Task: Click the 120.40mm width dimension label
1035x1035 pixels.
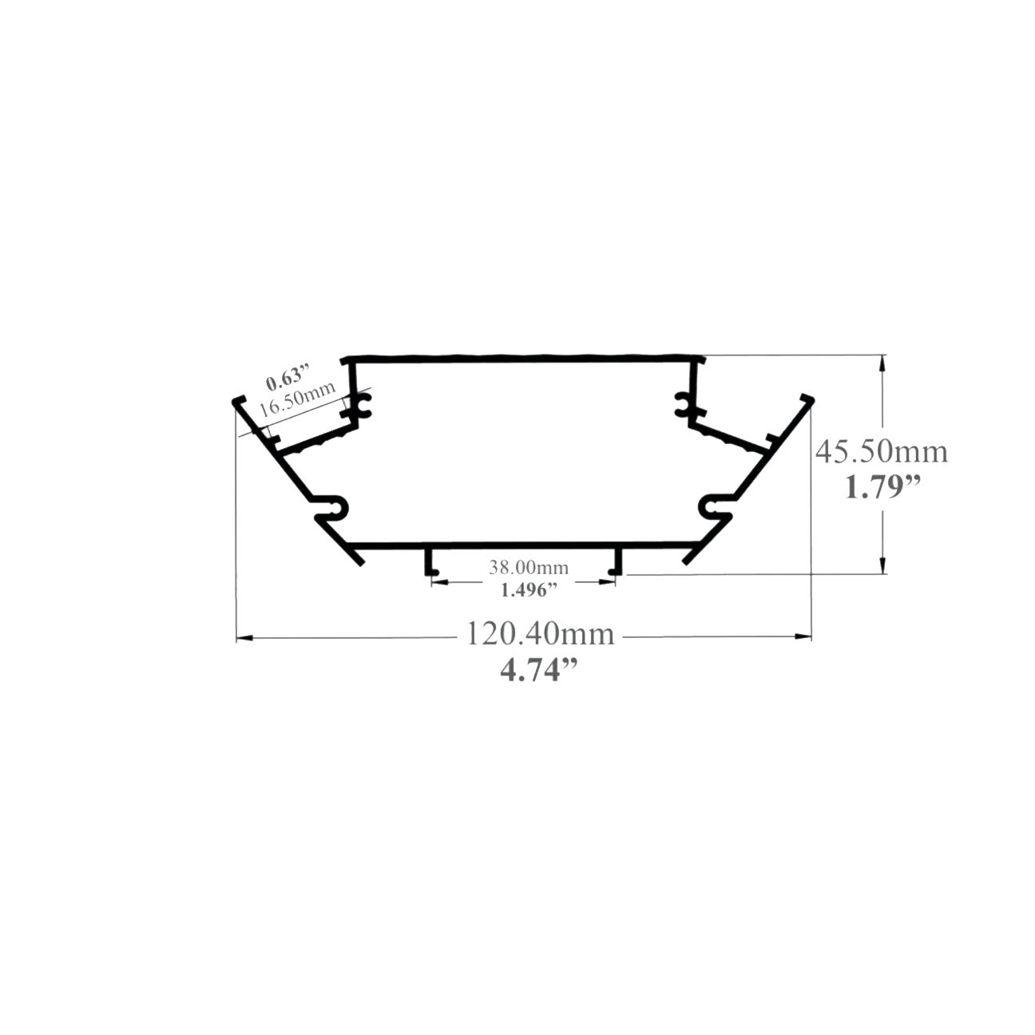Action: tap(540, 635)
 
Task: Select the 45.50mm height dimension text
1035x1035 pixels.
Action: tap(881, 452)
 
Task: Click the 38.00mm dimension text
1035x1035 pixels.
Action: tap(529, 568)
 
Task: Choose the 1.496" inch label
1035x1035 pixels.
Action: tap(528, 591)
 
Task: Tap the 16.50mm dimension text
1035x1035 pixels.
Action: tap(285, 402)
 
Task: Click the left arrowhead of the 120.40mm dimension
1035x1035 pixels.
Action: tap(243, 637)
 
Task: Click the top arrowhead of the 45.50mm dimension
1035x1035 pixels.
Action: tap(882, 360)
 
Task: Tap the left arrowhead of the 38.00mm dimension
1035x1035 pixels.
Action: tap(435, 582)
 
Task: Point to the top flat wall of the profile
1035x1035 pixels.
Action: tap(523, 357)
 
